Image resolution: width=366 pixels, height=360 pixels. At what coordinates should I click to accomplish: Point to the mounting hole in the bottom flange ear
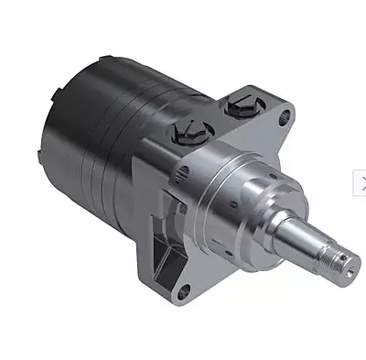pos(182,292)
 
